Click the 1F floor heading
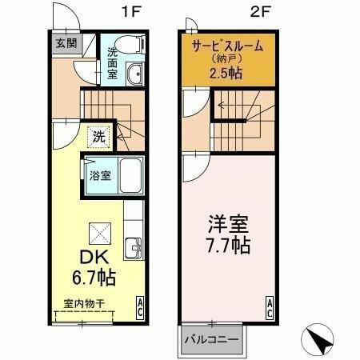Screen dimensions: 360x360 [128, 13]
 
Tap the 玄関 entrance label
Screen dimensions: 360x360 [66, 44]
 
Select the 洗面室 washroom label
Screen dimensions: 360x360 [113, 63]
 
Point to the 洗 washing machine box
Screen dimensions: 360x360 [97, 136]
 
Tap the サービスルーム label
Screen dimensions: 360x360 [226, 46]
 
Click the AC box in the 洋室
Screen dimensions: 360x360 [269, 306]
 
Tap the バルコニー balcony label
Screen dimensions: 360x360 [211, 340]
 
